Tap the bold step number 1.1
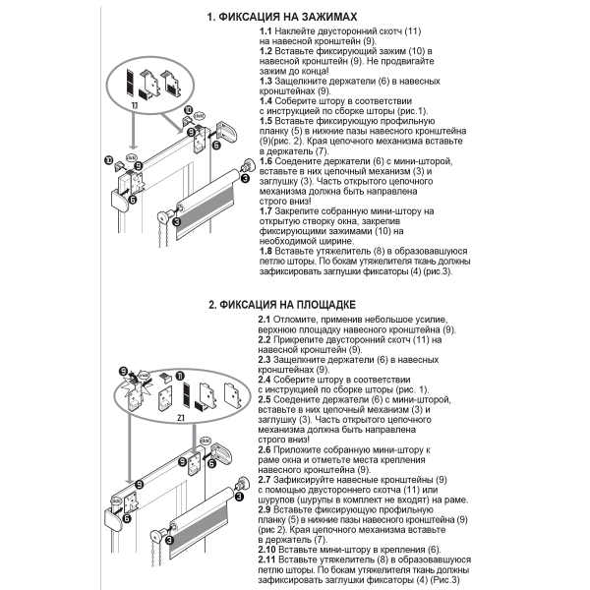[265, 32]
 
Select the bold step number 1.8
[265, 252]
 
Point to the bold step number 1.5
[265, 120]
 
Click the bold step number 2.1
[265, 321]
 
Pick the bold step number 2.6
[265, 448]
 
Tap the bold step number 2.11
[267, 558]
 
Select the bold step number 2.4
[265, 379]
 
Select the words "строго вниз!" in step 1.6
[285, 203]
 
